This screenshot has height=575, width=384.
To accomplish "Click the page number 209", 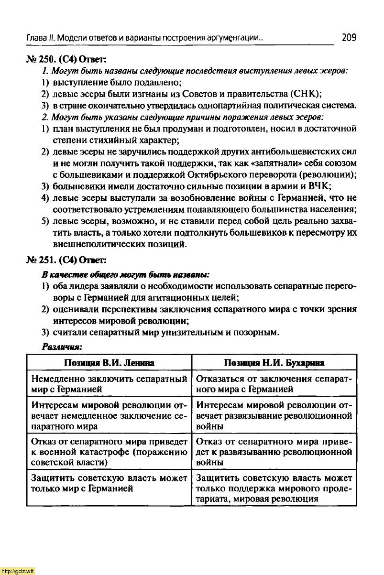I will [349, 38].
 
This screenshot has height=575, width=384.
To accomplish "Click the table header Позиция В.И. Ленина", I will [109, 363].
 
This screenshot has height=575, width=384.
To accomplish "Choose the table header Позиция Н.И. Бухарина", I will [274, 363].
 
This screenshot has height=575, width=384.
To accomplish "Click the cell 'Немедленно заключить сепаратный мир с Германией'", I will [109, 384].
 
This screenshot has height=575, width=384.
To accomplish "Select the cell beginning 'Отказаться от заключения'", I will [274, 384].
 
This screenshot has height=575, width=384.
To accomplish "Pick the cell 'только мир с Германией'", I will [109, 483].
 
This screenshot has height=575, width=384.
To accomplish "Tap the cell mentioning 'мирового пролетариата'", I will [274, 488].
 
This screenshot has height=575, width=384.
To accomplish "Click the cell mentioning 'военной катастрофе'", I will [109, 451].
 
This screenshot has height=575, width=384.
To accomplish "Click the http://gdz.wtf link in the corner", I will [18, 571].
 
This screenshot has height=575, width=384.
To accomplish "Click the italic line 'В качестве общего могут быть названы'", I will [126, 274].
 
